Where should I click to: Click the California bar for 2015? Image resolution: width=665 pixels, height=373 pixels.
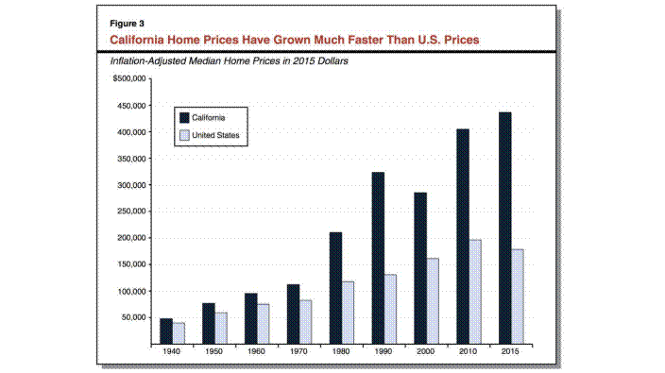point(505,228)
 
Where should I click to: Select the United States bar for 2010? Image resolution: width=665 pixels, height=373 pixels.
point(475,292)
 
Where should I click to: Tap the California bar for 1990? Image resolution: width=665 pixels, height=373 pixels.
point(378,258)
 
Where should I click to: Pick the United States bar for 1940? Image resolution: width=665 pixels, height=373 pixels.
point(179,333)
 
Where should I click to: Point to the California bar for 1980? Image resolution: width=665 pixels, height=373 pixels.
point(336,288)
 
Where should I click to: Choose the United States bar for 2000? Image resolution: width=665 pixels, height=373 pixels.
point(433,301)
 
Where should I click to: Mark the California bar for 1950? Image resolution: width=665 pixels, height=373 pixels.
point(209,323)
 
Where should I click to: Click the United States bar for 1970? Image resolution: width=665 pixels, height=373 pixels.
point(306,322)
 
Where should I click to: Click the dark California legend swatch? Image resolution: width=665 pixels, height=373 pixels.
point(184,118)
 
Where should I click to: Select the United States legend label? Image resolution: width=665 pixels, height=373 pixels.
point(215,135)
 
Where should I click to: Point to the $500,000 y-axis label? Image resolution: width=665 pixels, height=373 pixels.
point(129,78)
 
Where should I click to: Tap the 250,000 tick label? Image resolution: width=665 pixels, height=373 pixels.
point(131,212)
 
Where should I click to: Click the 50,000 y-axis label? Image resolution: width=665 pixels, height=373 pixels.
point(133,317)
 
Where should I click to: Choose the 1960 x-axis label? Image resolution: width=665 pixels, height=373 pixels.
point(256,351)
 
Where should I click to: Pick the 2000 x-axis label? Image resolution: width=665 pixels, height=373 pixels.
point(425,351)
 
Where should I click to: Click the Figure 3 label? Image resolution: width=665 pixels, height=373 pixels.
point(127,24)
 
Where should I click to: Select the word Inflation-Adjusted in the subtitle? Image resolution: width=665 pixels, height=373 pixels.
point(148,61)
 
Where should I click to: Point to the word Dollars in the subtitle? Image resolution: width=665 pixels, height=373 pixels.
point(332,61)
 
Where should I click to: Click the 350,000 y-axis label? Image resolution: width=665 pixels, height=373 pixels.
point(131,159)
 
